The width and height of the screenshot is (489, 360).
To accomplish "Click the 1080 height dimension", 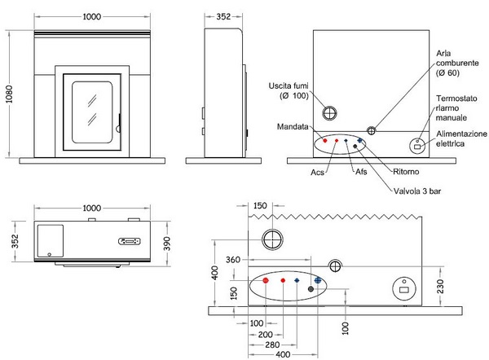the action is [x=9, y=94].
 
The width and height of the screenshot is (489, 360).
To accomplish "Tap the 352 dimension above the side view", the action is [x=223, y=16].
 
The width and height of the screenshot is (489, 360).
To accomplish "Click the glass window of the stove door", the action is [x=92, y=112].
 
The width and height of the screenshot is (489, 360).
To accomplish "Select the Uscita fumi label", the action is [x=289, y=90].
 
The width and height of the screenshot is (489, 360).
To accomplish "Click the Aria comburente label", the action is [x=457, y=63].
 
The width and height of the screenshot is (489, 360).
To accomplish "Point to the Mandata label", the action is [x=293, y=126].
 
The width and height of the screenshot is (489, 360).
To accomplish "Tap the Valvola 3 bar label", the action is [x=417, y=191].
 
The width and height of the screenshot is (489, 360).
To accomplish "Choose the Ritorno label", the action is [x=406, y=171].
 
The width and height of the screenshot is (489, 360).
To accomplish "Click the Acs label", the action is [x=318, y=173].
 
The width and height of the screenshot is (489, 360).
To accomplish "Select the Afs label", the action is [x=361, y=171].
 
